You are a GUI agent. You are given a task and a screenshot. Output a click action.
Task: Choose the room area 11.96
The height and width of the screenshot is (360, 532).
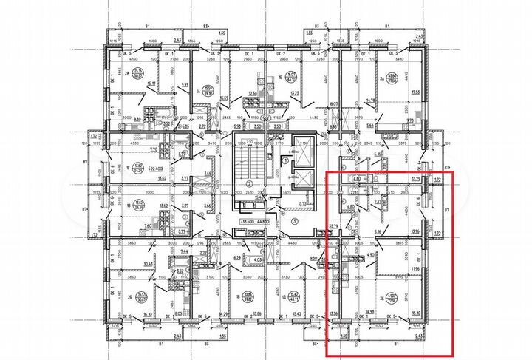click(415, 269)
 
